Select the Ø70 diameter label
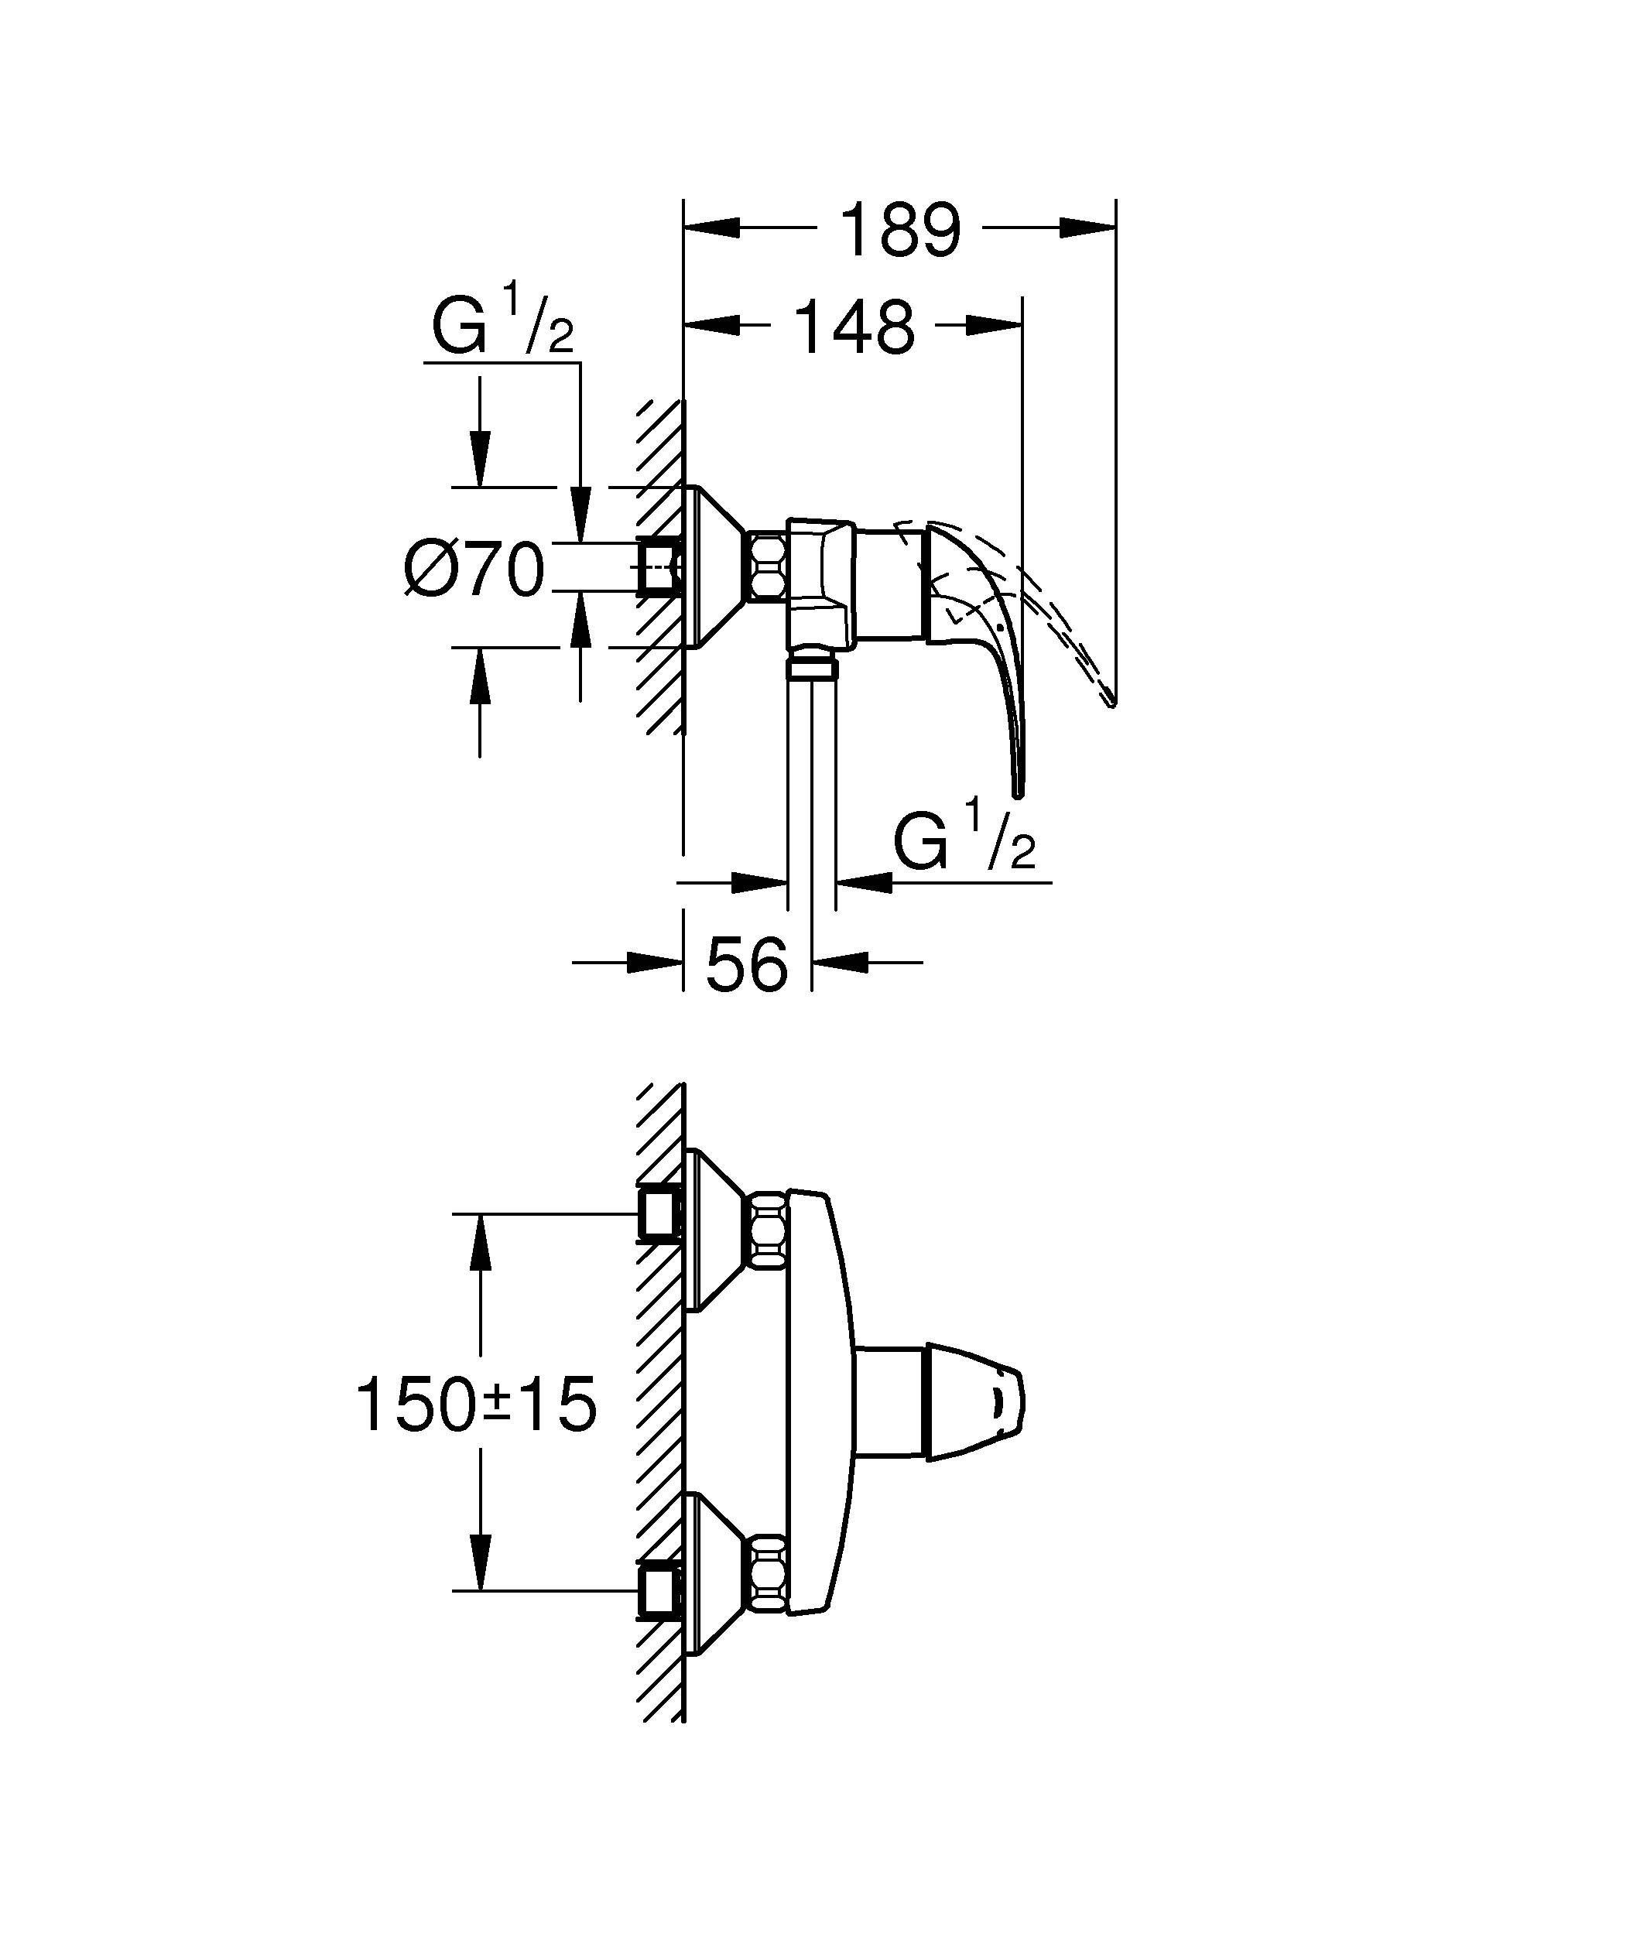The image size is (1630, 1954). tap(474, 570)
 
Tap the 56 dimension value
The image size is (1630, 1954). tap(747, 964)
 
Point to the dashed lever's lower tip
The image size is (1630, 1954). tap(1109, 702)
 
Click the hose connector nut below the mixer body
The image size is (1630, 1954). tap(811, 666)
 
